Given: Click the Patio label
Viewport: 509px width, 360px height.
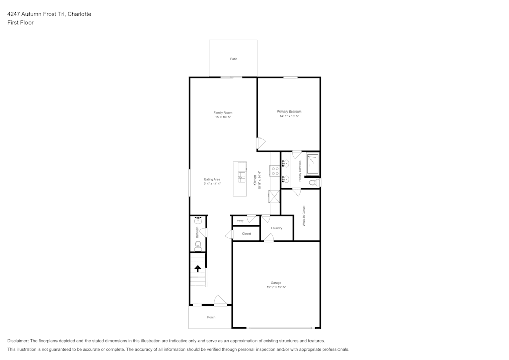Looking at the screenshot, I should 233,59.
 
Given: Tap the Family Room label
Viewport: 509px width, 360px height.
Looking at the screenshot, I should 223,112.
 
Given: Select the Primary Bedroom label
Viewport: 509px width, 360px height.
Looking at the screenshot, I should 289,112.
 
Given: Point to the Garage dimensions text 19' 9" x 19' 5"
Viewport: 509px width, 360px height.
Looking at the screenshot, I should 276,287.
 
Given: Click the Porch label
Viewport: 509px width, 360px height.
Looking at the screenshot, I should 211,317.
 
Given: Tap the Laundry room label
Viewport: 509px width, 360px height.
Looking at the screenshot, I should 276,228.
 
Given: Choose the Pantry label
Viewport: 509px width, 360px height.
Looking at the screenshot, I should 240,221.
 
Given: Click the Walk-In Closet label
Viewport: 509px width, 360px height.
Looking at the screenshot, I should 304,215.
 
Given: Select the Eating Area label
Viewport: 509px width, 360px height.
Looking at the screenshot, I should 212,179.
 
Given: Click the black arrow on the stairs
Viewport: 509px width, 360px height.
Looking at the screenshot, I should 198,268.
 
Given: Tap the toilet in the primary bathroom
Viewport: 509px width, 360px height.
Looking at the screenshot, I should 315,182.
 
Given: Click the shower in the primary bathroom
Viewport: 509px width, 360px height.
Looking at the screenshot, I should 313,163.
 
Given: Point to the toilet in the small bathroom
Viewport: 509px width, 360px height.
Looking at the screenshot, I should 198,245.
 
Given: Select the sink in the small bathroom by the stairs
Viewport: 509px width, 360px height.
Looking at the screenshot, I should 198,221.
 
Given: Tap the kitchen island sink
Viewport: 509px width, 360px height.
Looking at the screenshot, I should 242,178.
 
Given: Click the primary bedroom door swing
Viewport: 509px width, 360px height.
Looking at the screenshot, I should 260,144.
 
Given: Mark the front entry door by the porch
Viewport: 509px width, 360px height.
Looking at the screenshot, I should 220,301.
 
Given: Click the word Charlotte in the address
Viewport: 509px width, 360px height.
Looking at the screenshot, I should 79,14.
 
